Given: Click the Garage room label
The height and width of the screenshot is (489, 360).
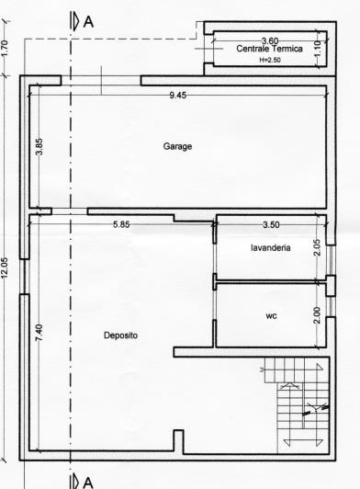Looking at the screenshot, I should [x=177, y=146].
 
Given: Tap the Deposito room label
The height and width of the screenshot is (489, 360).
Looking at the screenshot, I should [x=120, y=335].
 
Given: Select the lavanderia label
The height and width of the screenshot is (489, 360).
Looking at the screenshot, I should [x=271, y=248].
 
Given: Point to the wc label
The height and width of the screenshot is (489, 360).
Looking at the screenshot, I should [x=271, y=316].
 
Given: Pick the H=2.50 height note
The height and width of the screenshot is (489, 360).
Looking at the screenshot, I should [x=270, y=58].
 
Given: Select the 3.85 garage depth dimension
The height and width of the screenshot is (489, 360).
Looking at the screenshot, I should [x=39, y=147].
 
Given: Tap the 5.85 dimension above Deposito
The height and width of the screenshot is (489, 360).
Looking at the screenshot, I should [x=121, y=224].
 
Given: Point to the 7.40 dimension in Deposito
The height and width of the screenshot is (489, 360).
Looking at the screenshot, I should [x=39, y=334].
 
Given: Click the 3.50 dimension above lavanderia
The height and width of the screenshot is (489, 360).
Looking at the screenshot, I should [x=270, y=224].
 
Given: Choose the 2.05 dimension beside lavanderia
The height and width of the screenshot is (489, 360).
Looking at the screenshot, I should [x=317, y=246].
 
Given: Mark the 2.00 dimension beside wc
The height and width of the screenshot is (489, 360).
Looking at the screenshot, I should [x=317, y=314].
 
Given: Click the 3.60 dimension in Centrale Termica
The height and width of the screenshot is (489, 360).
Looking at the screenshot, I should [x=270, y=40].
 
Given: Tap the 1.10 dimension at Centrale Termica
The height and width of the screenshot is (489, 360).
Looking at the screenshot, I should [x=318, y=49].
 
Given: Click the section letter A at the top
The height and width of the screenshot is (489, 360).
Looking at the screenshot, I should [x=88, y=22].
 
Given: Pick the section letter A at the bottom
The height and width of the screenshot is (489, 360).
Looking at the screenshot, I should [x=88, y=481].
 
